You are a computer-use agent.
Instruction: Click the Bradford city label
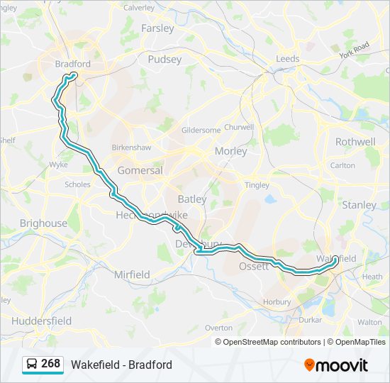(72, 64)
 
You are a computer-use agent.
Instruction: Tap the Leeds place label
(288, 58)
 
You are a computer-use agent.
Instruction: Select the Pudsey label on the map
(165, 60)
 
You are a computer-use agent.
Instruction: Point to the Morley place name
(230, 151)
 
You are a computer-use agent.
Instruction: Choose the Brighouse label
(43, 223)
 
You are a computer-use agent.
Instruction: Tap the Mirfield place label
(132, 274)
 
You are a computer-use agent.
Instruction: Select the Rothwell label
(355, 142)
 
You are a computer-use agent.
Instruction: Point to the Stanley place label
(360, 205)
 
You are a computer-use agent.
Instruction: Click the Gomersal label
(140, 170)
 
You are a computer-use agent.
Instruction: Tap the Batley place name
(192, 199)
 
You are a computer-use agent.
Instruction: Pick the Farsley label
(157, 28)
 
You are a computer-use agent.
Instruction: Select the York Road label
(355, 50)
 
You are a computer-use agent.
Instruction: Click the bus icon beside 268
(32, 365)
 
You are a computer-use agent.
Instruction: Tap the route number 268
(51, 364)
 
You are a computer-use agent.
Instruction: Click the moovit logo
(336, 365)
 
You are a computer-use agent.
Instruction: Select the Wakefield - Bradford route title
(121, 365)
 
